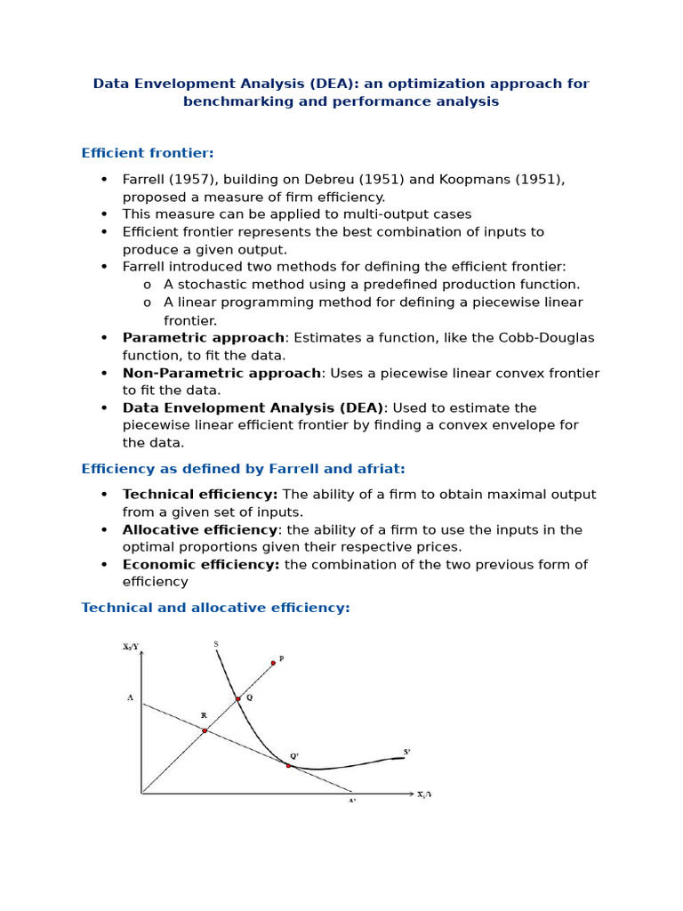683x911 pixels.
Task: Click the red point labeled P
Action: click(273, 663)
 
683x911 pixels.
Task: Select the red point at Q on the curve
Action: click(237, 699)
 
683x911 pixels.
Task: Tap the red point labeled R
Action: click(205, 730)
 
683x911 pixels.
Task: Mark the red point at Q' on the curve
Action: click(288, 765)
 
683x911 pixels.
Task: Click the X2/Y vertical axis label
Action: click(131, 647)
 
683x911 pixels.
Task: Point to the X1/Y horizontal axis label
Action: click(424, 794)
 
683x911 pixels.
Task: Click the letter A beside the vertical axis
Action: click(130, 698)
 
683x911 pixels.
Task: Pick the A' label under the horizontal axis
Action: click(351, 801)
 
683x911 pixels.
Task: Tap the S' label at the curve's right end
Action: click(406, 752)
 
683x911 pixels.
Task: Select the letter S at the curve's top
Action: click(216, 644)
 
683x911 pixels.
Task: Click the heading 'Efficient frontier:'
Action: click(148, 153)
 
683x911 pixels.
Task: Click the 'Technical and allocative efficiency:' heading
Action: click(215, 608)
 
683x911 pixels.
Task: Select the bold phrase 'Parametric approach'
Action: click(204, 338)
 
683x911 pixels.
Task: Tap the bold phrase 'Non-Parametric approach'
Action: click(221, 373)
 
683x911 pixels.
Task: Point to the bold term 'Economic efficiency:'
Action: click(201, 565)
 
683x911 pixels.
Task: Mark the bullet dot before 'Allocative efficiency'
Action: click(104, 530)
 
